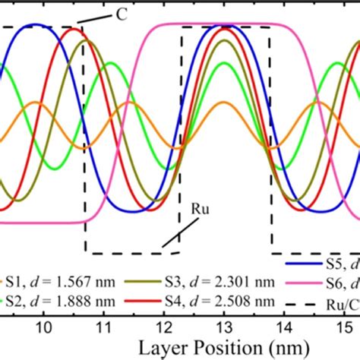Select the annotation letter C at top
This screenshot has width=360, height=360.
click(121, 13)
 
